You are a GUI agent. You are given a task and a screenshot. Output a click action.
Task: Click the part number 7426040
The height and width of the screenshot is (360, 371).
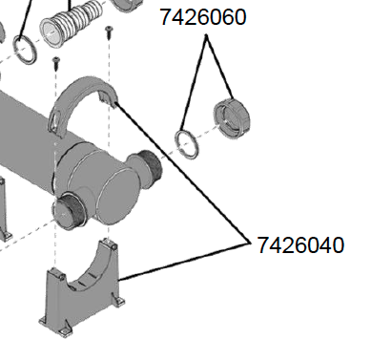[x=300, y=244]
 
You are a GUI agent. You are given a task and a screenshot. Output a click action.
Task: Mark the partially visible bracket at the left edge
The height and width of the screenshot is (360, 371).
[x=5, y=220]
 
